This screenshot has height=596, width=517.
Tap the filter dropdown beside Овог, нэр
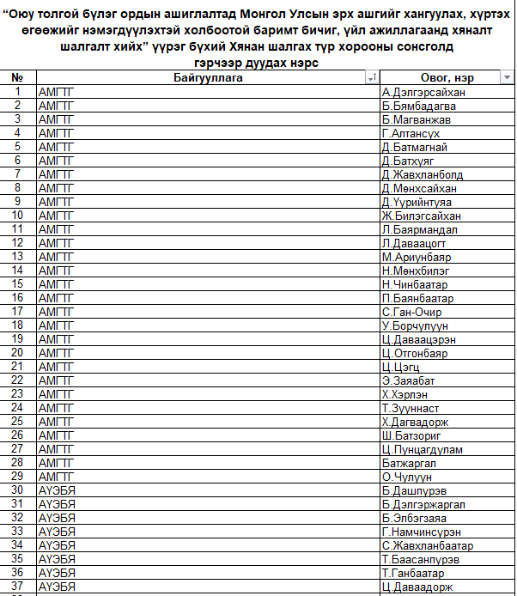pyautogui.click(x=507, y=78)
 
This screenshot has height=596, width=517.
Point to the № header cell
pyautogui.click(x=18, y=78)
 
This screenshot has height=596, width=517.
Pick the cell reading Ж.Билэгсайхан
pyautogui.click(x=421, y=216)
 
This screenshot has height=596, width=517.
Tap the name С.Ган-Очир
pyautogui.click(x=412, y=312)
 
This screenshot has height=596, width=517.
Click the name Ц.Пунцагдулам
pyautogui.click(x=423, y=449)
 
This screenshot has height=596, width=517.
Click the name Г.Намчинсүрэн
pyautogui.click(x=421, y=532)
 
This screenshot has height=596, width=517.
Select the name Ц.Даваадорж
pyautogui.click(x=417, y=587)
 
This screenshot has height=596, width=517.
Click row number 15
pyautogui.click(x=18, y=284)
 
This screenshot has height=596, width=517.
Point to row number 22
pyautogui.click(x=18, y=380)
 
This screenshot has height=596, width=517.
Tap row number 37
pyautogui.click(x=18, y=587)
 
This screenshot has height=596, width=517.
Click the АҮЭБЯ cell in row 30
pyautogui.click(x=57, y=490)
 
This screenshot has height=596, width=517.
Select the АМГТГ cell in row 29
pyautogui.click(x=57, y=477)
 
